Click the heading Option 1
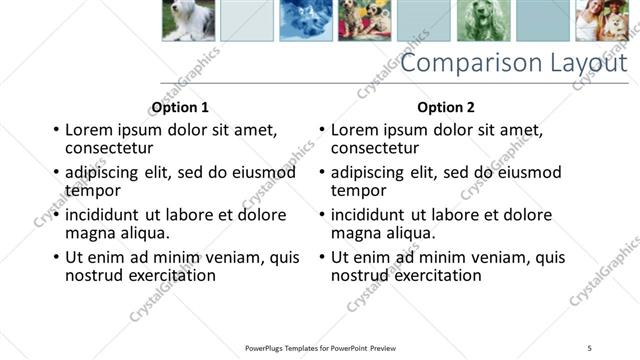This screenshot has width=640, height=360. [x=180, y=107]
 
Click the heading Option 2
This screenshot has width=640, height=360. [x=446, y=107]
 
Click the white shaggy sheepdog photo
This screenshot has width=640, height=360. [x=188, y=19]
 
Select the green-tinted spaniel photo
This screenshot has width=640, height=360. [x=484, y=19]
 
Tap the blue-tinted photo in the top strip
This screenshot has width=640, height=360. [x=306, y=19]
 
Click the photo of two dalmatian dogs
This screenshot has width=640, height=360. [x=365, y=19]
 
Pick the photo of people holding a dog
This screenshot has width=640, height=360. [x=601, y=19]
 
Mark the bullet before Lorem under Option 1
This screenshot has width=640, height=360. [x=56, y=130]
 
